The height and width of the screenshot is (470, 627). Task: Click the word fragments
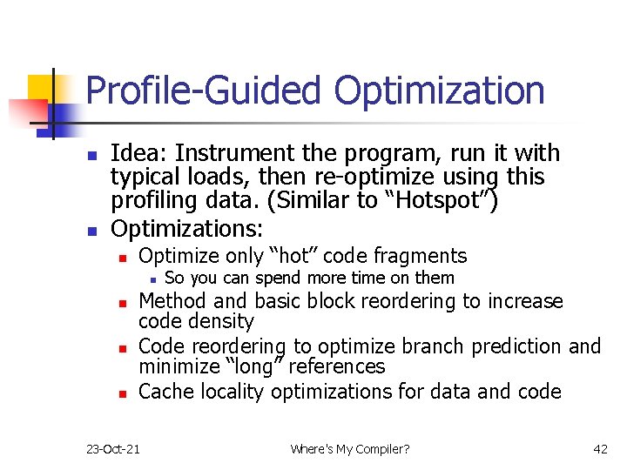[421, 256]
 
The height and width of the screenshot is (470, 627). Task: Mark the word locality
[232, 392]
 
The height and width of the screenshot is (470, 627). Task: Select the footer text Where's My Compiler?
[349, 449]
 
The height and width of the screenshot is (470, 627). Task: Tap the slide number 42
[600, 449]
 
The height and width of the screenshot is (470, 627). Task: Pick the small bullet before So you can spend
[152, 279]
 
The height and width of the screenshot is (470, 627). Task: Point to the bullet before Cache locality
[124, 393]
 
